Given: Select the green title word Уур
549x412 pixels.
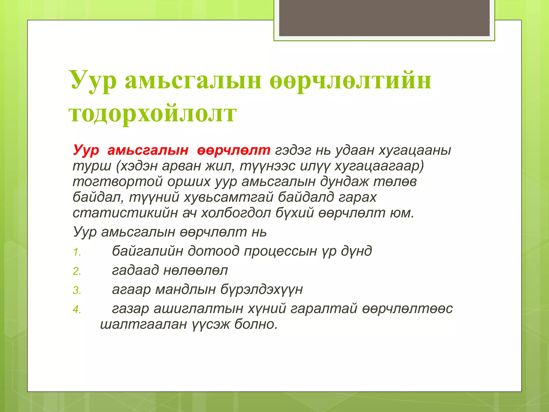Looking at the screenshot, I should coord(94,80).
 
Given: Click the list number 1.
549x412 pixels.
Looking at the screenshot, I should coord(77,252).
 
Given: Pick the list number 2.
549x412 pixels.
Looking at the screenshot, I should coord(77,271).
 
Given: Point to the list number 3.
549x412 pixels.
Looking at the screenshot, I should coord(77,290).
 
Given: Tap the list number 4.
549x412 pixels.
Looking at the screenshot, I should coord(77,310).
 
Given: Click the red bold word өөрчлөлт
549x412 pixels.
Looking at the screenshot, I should coord(233,150).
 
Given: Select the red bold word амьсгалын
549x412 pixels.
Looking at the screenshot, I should coord(148,150).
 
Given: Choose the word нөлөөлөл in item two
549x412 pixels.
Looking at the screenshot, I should coord(195,270).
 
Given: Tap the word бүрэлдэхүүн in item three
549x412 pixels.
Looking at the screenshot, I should coord(262,289).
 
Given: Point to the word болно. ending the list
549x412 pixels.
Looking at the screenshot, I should coord(256,324).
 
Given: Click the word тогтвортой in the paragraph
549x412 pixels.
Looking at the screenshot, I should coord(118,182).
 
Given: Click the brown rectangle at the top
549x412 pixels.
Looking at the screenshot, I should coord(384,18).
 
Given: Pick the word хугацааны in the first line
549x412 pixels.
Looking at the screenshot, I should coord(415,150).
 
